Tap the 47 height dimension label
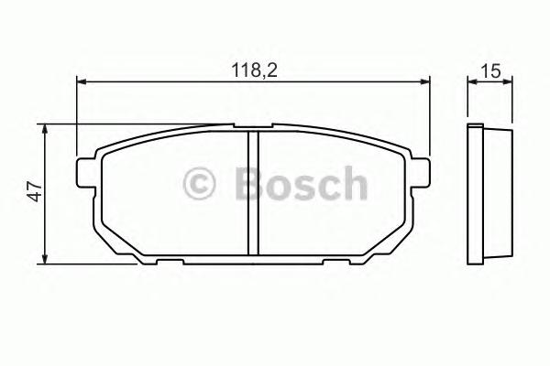tap(34, 192)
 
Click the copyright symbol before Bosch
tap(199, 184)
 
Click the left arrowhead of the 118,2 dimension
tap(81, 82)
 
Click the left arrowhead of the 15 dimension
tap(471, 82)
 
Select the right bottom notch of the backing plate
tap(337, 263)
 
